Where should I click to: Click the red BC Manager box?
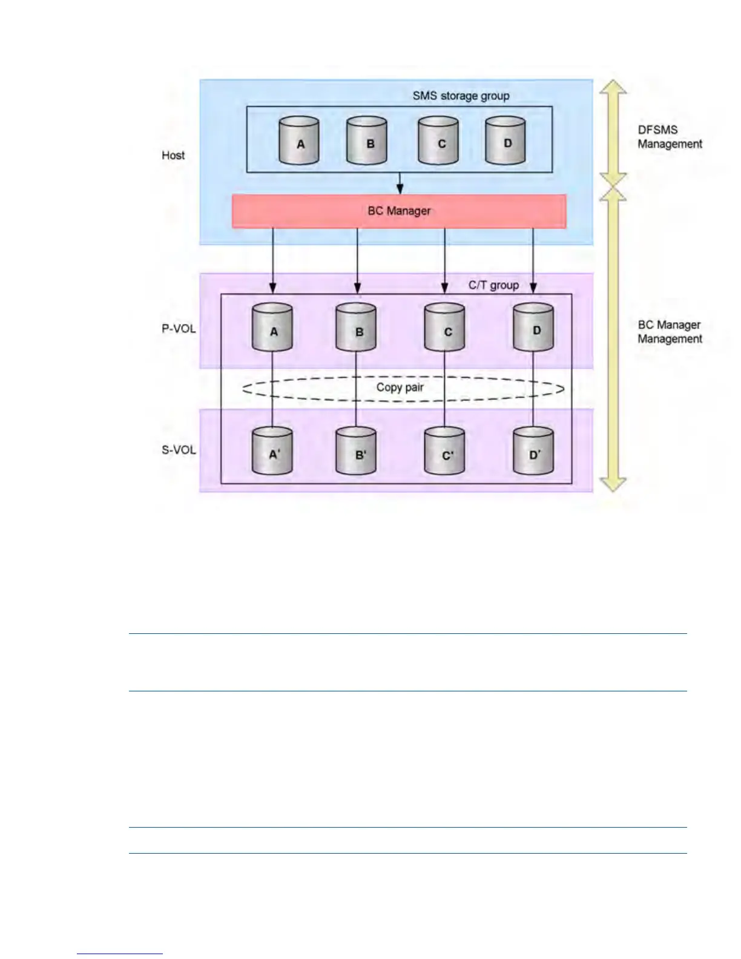coord(399,211)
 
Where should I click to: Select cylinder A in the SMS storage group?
coord(300,142)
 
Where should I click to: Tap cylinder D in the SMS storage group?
coord(506,142)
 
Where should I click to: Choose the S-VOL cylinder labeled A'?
coord(272,452)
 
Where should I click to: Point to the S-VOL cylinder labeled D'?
coord(533,452)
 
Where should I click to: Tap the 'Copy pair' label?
coord(400,387)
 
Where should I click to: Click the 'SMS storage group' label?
coord(461,96)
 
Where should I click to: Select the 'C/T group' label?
coord(493,285)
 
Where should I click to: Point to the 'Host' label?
coord(173,156)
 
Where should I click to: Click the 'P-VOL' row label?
coord(179,329)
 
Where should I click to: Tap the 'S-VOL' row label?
coord(179,450)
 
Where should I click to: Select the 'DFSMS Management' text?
coord(670,137)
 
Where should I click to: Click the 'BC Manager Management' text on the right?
coord(670,332)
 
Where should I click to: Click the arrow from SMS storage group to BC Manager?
coord(400,183)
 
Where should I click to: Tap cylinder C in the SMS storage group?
coord(439,142)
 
